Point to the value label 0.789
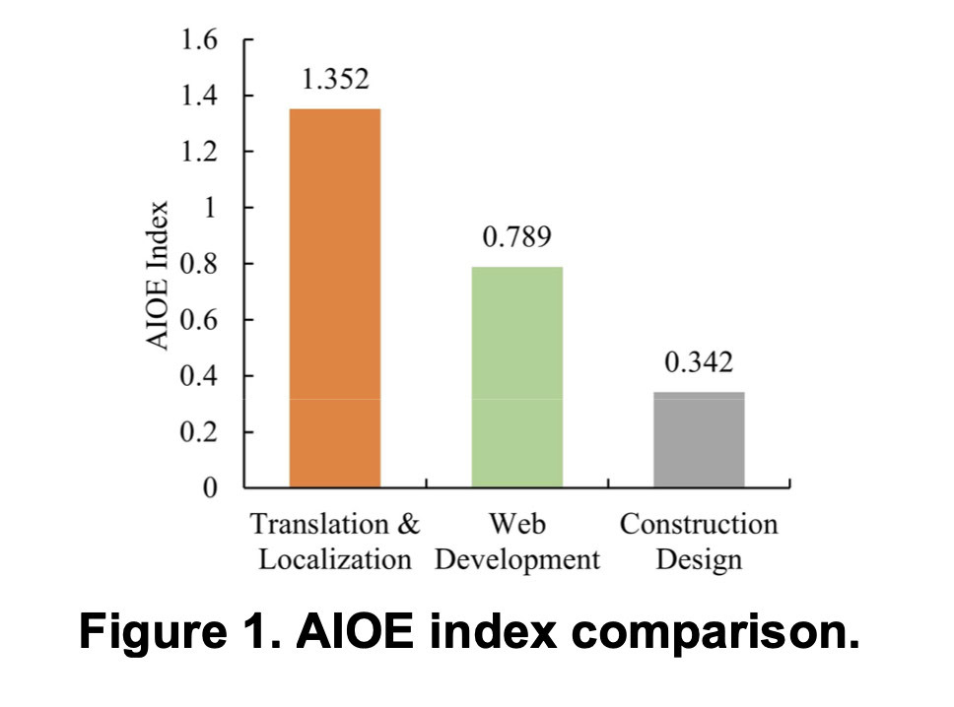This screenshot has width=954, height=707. pos(516,238)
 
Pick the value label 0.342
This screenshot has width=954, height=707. pos(699,363)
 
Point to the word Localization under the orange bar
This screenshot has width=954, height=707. pos(334,560)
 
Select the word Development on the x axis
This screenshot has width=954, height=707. pos(516,560)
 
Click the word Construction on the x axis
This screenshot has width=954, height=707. pos(699,524)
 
